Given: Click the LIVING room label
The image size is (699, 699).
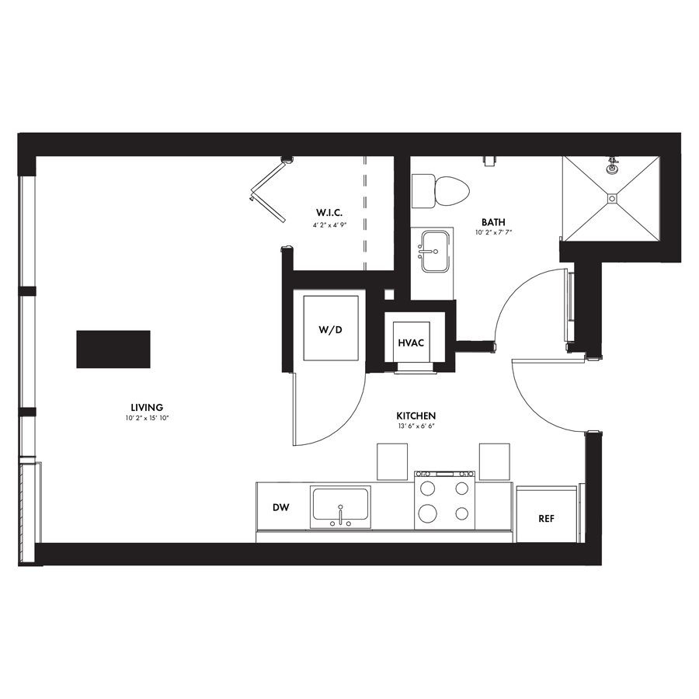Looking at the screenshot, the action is (x=147, y=407).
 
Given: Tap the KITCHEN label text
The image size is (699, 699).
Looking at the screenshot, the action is (x=416, y=416).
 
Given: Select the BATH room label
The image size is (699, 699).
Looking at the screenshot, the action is (x=493, y=222).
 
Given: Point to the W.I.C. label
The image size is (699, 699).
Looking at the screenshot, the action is (x=329, y=213).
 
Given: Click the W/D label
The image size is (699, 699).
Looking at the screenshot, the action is (x=330, y=330).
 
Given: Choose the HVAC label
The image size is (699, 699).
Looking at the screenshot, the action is (x=411, y=343).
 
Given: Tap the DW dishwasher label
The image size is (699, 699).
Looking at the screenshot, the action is (x=281, y=507).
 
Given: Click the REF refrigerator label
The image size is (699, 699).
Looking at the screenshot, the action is (x=546, y=519).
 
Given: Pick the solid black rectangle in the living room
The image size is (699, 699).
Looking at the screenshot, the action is (x=113, y=349).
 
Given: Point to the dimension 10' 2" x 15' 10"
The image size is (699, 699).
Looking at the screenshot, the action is (x=147, y=418).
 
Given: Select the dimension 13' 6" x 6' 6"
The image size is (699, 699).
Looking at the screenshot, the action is (x=416, y=426).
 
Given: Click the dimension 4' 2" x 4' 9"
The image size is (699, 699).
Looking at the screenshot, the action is (x=329, y=225).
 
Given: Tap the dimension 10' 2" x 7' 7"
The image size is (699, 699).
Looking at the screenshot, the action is (x=493, y=232).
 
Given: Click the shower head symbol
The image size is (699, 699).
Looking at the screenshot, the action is (x=613, y=165).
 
